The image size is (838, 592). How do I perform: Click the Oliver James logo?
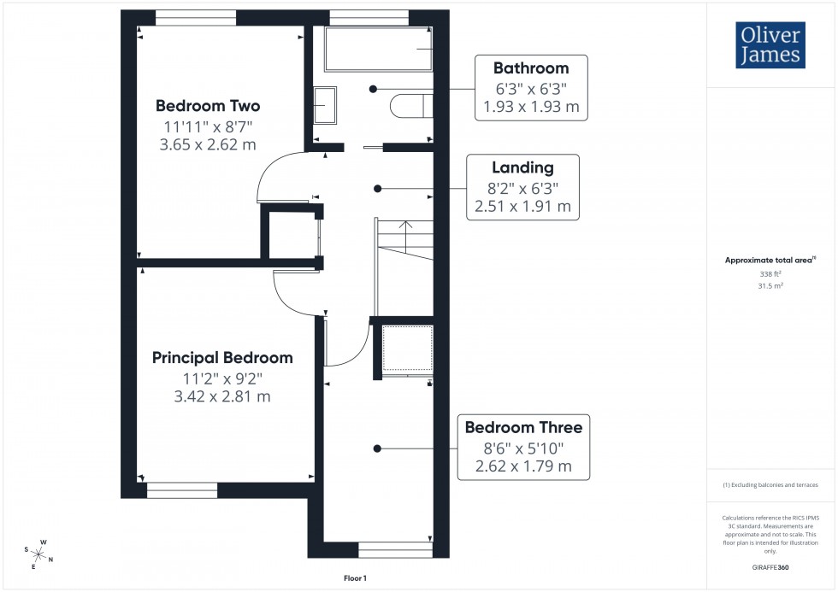770,45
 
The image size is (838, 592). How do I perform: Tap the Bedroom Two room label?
208,106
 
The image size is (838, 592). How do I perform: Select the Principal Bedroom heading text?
222,358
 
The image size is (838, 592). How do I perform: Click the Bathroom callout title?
531,68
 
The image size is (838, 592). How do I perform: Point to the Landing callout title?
522,168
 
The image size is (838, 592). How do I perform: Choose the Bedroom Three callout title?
523,427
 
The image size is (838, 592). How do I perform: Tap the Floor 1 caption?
354,578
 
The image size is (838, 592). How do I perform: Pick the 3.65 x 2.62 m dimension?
208,144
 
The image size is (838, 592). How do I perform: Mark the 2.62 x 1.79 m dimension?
523,467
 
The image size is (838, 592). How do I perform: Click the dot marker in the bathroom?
373,89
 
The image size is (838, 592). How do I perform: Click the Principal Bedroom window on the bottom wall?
182,489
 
